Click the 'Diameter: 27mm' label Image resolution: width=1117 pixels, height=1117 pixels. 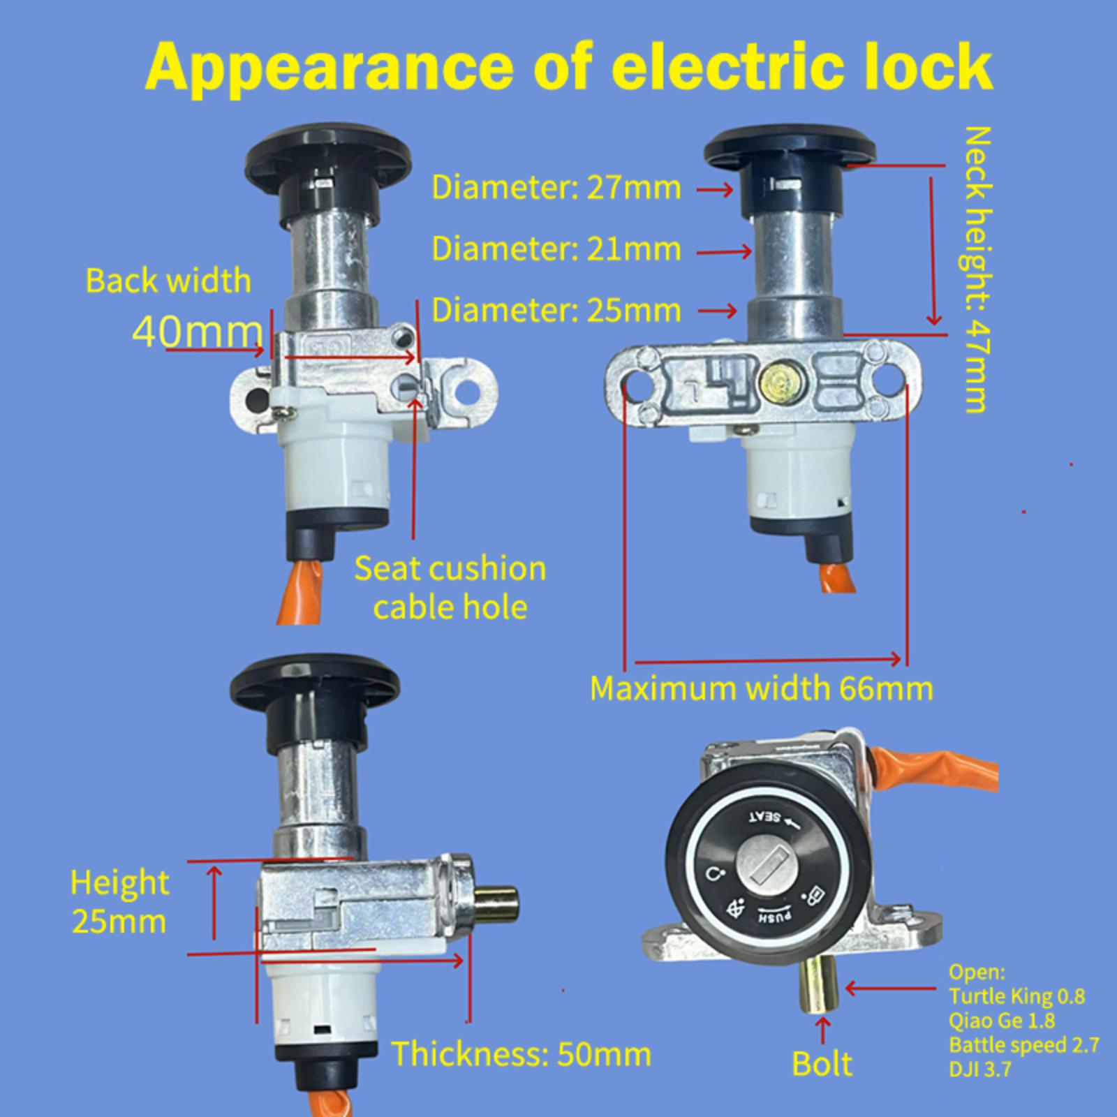tap(556, 188)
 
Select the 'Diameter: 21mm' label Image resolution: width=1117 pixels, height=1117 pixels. tap(556, 249)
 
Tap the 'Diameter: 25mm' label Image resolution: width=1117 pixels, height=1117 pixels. tap(556, 310)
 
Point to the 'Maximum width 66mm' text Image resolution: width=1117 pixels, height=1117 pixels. tap(762, 688)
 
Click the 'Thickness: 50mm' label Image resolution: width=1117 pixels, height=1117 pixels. tap(521, 1053)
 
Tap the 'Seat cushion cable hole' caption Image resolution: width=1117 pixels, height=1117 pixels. tap(450, 588)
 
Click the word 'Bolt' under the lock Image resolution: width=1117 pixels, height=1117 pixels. tap(822, 1064)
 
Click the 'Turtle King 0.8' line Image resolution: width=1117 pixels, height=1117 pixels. tap(1017, 996)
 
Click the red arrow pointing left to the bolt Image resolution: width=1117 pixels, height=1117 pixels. tap(892, 989)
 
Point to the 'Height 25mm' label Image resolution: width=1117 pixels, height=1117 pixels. tap(119, 903)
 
